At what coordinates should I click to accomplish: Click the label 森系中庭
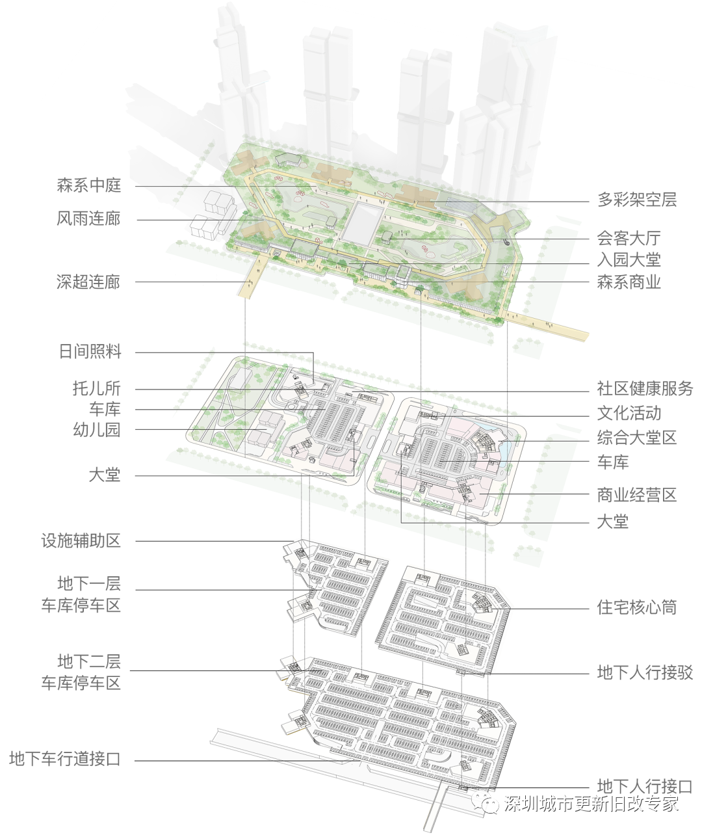pos(89,185)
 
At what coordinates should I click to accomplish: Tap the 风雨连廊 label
pos(89,219)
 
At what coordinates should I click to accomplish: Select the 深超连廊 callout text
pos(88,282)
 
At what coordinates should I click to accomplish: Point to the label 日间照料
pos(90,352)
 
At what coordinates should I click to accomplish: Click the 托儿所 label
pos(97,388)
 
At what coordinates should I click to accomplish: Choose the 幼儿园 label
pos(97,430)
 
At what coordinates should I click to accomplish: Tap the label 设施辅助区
pos(81,540)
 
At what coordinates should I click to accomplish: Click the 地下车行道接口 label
pos(65,759)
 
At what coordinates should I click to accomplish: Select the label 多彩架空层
pos(637,200)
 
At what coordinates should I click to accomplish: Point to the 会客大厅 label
pos(629,239)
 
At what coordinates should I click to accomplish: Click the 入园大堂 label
pos(629,260)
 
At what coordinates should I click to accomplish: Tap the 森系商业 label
pos(629,282)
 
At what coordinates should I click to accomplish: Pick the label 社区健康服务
pos(645,388)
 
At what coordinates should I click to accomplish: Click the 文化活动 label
pos(629,413)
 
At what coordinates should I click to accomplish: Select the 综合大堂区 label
pos(637,438)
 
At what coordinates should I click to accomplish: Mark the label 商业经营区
pos(637,495)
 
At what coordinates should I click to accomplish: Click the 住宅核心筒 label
pos(637,607)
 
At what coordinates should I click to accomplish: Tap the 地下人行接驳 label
pos(645,672)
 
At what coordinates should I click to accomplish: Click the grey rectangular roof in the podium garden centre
pos(362,223)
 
